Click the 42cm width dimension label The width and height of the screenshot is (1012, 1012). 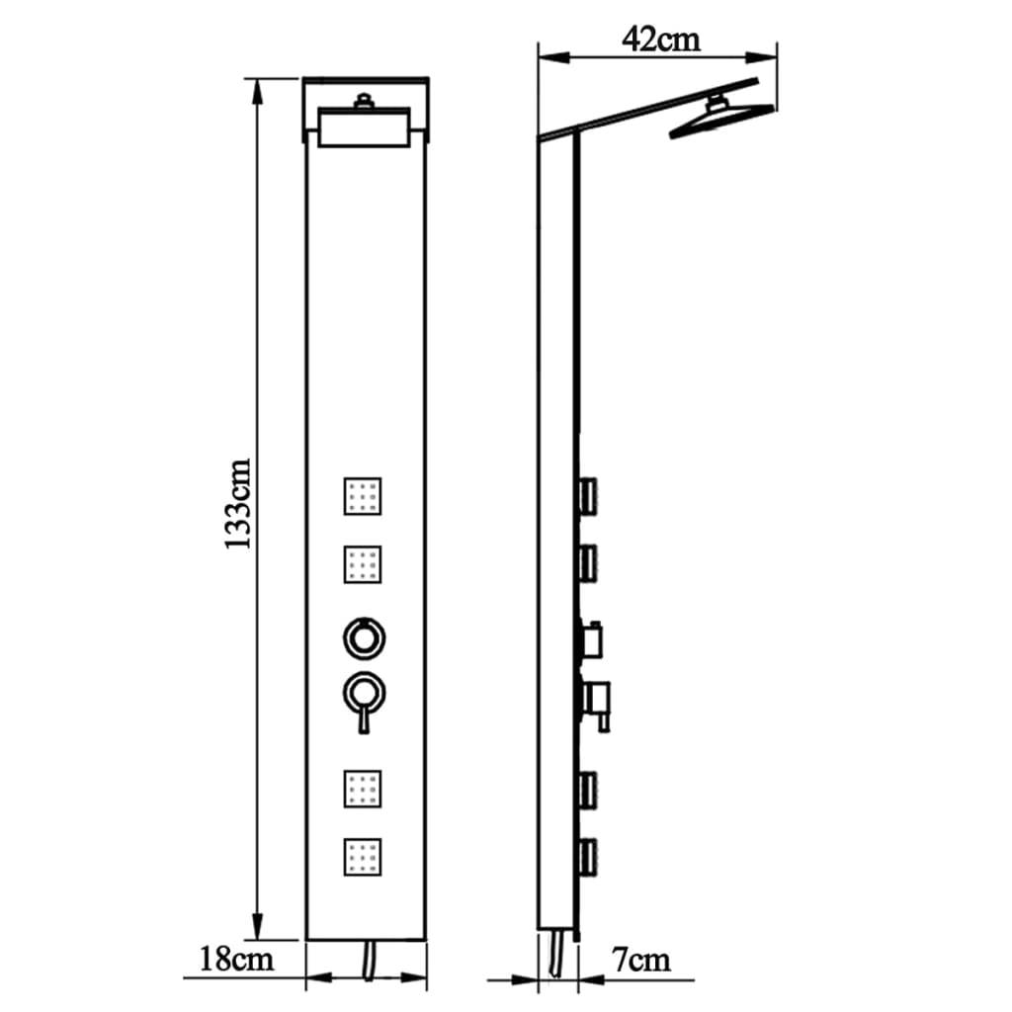tap(660, 40)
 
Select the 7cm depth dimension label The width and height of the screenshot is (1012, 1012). tap(640, 958)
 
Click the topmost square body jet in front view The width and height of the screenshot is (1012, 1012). tap(363, 495)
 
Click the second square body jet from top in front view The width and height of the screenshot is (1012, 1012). tap(363, 564)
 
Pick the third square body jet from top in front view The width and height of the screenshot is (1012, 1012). tap(363, 787)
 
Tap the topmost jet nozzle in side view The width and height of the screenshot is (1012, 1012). tap(589, 493)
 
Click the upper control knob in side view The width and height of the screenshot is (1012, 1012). tap(593, 640)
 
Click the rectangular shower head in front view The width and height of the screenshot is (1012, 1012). tap(367, 129)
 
